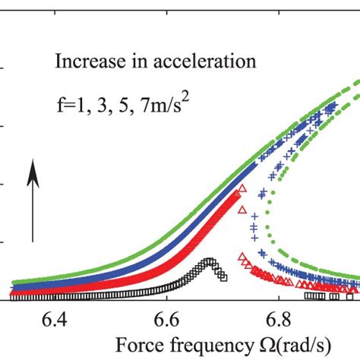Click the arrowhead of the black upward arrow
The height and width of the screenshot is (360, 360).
coord(33,174)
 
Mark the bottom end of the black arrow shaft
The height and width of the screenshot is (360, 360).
coord(33,242)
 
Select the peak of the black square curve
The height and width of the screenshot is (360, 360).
coord(208,262)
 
